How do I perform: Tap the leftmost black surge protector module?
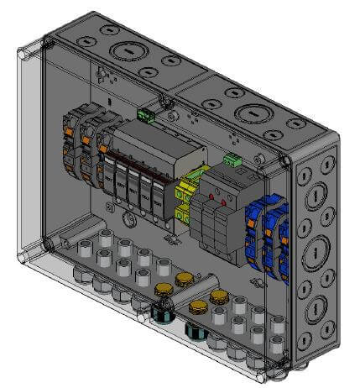coord(110,176)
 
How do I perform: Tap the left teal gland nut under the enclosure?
coord(159,315)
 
